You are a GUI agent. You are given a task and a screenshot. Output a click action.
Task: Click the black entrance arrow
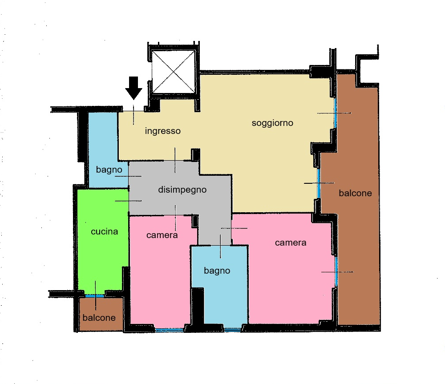tap(133, 88)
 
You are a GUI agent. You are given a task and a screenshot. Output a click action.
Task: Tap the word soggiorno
tap(272, 123)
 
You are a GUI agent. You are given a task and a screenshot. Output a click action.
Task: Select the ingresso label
tap(162, 131)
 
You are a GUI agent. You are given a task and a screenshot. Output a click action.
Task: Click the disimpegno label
tap(182, 189)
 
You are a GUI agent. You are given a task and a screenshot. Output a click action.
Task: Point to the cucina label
tap(104, 231)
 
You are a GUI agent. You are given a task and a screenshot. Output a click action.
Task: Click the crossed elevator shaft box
tap(174, 72)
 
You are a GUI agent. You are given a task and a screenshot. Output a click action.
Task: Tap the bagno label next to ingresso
tap(109, 170)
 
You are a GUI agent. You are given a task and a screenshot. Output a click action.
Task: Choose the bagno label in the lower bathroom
tap(217, 271)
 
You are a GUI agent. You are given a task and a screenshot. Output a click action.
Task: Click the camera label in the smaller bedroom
tap(162, 235)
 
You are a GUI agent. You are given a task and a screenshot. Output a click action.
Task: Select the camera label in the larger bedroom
tap(291, 243)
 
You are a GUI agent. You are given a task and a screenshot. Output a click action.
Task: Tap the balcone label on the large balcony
tap(355, 193)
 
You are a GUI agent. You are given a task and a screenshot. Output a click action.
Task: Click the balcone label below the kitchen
tap(99, 318)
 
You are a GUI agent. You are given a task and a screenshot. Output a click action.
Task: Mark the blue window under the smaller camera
tap(170, 330)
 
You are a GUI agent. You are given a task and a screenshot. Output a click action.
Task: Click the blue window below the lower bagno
tap(233, 330)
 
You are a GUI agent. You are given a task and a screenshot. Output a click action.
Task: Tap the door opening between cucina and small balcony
tap(95, 296)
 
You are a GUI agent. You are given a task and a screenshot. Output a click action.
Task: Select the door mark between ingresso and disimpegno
tap(175, 160)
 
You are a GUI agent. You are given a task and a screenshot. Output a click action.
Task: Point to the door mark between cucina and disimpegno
tap(129, 201)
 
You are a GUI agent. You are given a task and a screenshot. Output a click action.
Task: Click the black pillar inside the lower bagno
tap(198, 306)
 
